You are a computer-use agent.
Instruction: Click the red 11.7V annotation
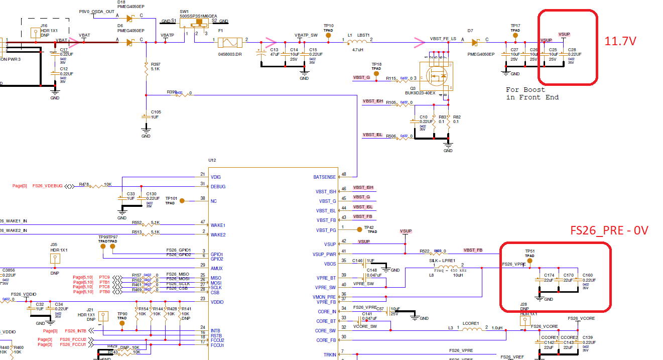pos(620,41)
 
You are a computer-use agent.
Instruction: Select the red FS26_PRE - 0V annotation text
pos(609,230)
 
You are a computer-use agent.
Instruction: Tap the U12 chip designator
pos(212,160)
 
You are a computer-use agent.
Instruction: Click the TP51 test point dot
pos(529,261)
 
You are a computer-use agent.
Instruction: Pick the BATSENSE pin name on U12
pos(324,177)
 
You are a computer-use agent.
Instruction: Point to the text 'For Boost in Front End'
pos(533,93)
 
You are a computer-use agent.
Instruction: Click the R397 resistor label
pos(156,64)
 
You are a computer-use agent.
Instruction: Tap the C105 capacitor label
pos(156,112)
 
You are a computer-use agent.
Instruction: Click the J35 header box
pos(54,259)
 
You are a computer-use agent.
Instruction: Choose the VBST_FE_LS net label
pos(443,39)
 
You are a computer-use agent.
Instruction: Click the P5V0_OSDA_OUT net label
pos(97,11)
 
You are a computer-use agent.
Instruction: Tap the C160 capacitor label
pos(587,275)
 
